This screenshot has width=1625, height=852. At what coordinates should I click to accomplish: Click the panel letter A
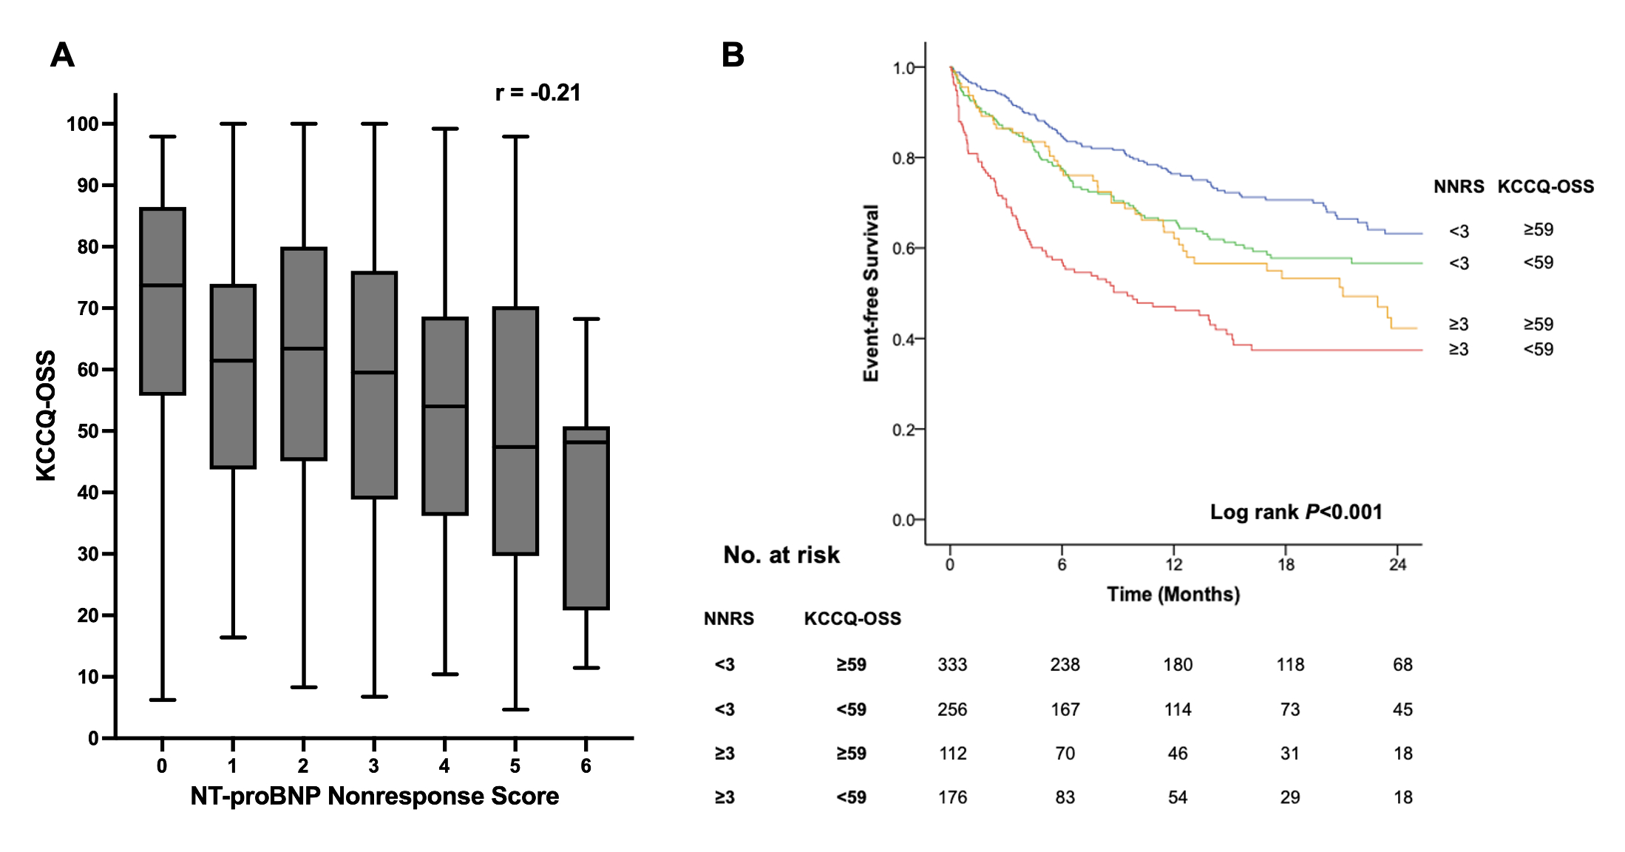[x=62, y=55]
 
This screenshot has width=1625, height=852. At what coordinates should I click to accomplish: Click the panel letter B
[x=733, y=55]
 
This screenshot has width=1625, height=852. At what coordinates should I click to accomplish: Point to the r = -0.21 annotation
[x=537, y=92]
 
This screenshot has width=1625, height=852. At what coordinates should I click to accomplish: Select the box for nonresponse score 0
[x=163, y=301]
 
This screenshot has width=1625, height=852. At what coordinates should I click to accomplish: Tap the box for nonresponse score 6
[x=586, y=518]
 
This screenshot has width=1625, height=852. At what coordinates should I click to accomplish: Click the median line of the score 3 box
[x=374, y=373]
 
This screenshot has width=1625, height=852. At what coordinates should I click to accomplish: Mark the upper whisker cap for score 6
[x=586, y=319]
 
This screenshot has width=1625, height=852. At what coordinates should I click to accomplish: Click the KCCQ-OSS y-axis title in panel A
[x=46, y=416]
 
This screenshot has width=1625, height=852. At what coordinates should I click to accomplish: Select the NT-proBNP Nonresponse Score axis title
[x=374, y=796]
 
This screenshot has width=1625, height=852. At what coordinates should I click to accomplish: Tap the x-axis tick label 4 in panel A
[x=444, y=766]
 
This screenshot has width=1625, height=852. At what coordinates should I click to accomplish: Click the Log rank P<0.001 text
[x=1295, y=512]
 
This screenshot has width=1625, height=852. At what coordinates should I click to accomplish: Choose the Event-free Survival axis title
[x=871, y=293]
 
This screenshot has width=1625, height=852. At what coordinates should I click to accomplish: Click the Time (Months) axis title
[x=1173, y=594]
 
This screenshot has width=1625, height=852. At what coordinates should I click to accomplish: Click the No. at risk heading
[x=781, y=555]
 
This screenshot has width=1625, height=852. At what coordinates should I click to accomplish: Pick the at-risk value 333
[x=952, y=664]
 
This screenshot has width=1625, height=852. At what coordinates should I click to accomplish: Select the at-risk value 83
[x=1065, y=797]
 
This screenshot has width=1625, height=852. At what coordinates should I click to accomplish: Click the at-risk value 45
[x=1402, y=709]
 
